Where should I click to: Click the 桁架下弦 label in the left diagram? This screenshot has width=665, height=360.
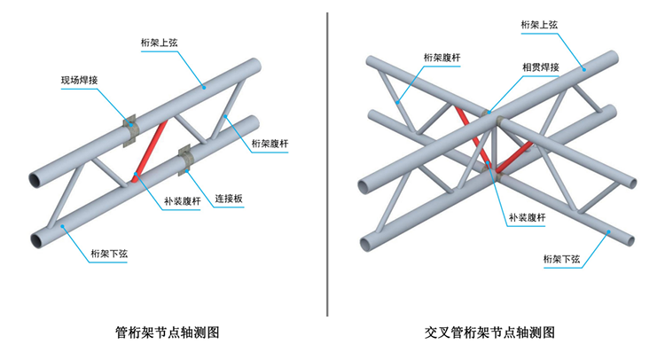click(x=110, y=254)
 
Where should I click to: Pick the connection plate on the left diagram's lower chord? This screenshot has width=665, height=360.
click(x=187, y=157)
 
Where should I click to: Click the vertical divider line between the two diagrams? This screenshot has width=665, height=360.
click(x=327, y=164)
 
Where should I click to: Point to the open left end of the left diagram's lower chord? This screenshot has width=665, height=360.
click(x=39, y=239)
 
